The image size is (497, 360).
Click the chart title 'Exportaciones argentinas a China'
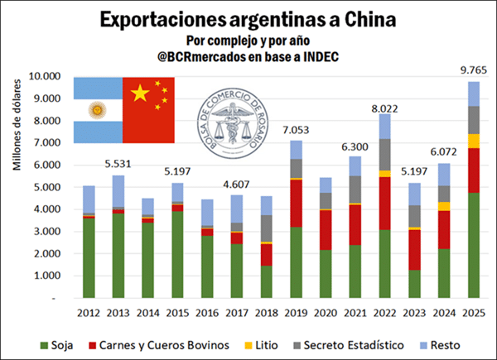pos(248,18)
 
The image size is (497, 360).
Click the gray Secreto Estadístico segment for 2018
pos(267,228)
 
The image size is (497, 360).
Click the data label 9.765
pos(472,71)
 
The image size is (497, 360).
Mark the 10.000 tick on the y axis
pos(50,76)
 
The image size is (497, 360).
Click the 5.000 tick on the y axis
pos(52,187)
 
